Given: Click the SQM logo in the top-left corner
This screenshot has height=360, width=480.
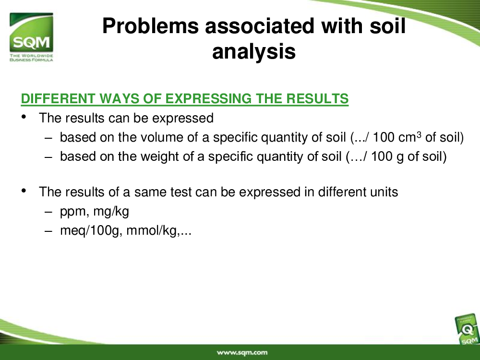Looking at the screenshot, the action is [x=31, y=37].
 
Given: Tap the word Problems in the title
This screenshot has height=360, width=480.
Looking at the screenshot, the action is [x=151, y=26].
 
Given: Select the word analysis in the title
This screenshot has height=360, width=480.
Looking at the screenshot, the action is [x=254, y=51].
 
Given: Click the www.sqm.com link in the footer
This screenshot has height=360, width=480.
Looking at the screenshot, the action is [x=242, y=352].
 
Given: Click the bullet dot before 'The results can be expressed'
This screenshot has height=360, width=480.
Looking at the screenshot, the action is [x=24, y=117].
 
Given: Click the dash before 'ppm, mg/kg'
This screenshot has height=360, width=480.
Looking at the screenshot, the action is [x=48, y=212].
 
